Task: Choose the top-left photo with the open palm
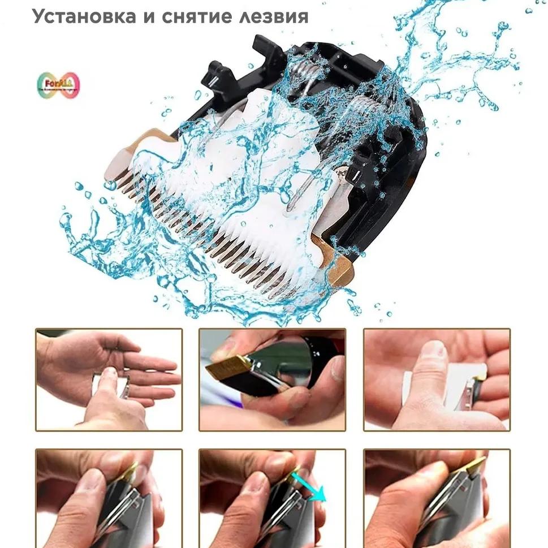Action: [109, 379]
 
